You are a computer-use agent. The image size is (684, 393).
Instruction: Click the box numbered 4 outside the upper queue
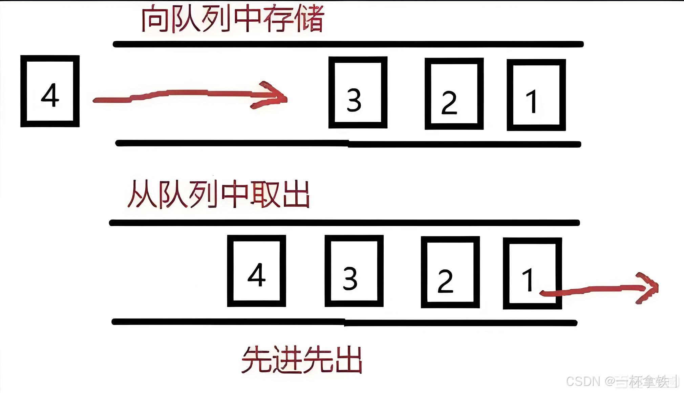[x=50, y=91]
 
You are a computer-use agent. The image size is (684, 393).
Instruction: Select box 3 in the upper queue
[x=358, y=92]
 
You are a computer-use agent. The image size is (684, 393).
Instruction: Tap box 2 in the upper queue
[x=454, y=94]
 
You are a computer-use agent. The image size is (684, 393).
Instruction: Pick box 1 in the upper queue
[x=536, y=95]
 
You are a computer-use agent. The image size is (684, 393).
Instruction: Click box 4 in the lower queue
[x=256, y=271]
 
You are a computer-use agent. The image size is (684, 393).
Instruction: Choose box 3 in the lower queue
[x=354, y=271]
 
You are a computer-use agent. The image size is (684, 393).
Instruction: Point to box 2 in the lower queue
[x=450, y=272]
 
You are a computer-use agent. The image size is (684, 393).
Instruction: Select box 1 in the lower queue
[x=532, y=273]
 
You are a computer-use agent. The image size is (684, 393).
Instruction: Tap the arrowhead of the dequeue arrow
[x=648, y=288]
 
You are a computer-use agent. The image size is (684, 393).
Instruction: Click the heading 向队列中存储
[x=232, y=19]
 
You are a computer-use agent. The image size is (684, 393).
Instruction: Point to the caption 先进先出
[x=301, y=360]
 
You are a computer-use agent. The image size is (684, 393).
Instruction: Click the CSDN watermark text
[x=622, y=381]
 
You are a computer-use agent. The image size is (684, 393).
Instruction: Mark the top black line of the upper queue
[x=348, y=44]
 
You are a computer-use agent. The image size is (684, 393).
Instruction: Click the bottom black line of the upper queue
[x=348, y=144]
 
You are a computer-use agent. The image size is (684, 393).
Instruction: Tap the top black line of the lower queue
[x=344, y=223]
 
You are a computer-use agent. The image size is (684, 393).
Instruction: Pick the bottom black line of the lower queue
[x=344, y=322]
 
